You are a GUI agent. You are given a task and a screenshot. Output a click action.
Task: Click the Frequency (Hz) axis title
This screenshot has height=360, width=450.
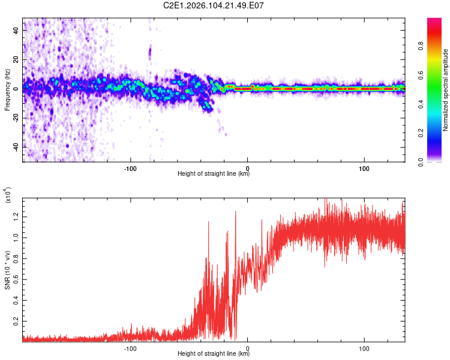point(7,90)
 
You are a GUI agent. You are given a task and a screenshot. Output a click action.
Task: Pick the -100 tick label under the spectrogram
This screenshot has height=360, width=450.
point(130,167)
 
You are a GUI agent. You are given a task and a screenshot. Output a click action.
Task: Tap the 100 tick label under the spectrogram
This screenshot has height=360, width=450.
point(364,167)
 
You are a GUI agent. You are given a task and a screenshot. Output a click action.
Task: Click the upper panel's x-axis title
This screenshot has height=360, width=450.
point(214,174)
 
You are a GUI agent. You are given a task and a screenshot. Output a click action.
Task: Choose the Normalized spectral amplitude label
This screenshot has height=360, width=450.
point(446,90)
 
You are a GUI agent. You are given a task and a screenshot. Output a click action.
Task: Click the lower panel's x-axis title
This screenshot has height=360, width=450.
point(214,354)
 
